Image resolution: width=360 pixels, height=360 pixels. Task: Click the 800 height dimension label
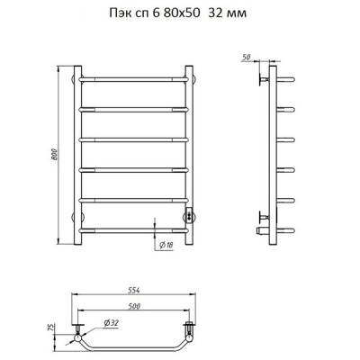[x=54, y=155]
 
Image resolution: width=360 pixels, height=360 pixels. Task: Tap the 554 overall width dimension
[x=134, y=291]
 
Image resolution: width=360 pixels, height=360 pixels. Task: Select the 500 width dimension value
[x=134, y=306]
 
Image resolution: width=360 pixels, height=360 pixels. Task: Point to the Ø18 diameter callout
[x=166, y=246]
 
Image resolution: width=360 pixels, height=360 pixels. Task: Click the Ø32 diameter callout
[x=112, y=323]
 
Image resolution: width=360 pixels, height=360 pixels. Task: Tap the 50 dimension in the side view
[x=246, y=58]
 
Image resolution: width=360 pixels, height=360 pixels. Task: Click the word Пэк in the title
[x=119, y=13]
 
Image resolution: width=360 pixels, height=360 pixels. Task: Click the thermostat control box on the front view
[x=189, y=215]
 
